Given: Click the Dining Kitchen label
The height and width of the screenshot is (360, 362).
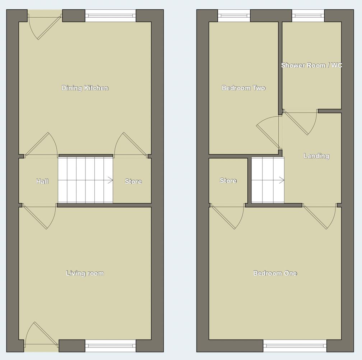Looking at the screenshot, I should [85, 88].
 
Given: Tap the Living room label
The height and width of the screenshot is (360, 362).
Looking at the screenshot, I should [85, 273].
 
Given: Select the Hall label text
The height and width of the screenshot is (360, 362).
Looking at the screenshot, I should [42, 181].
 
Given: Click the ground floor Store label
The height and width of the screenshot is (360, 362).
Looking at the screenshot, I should [133, 181].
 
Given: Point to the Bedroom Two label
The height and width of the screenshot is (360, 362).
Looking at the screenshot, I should [243, 88].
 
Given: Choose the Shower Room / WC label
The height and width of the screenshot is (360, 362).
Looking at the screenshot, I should [311, 65].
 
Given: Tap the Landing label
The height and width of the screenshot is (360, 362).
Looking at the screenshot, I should [316, 156].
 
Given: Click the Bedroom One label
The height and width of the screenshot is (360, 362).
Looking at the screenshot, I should [275, 273].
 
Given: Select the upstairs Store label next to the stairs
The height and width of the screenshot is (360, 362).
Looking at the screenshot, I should [228, 181].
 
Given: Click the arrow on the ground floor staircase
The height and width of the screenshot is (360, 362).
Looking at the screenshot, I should [110, 180].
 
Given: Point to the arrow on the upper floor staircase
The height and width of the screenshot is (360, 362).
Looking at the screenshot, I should [282, 180].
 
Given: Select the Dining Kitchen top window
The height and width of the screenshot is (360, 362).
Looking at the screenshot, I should [111, 16].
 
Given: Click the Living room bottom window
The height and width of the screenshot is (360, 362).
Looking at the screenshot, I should [111, 346].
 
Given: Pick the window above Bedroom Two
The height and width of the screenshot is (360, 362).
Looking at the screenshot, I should [234, 16].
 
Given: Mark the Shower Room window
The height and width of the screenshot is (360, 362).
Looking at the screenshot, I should [308, 16].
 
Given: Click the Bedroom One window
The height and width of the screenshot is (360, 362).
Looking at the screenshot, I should [295, 346].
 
